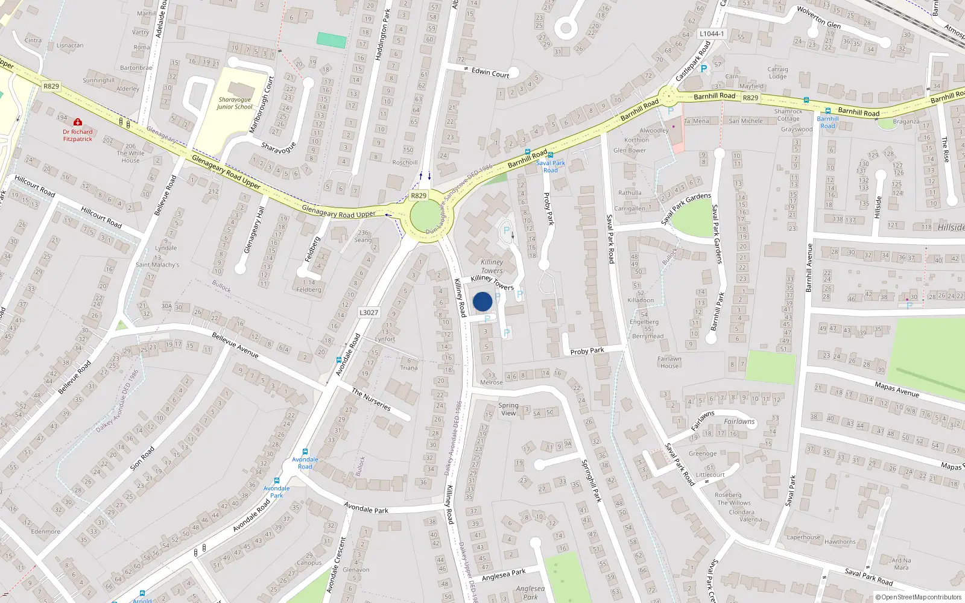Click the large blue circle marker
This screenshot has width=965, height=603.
coord(482,301)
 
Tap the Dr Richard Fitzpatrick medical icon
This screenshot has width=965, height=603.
coord(78,122)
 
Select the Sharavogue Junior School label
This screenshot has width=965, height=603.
coord(235,103)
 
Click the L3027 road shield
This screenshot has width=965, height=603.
coord(369,312)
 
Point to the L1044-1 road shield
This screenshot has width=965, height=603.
coord(712,34)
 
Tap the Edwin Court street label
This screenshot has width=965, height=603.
coord(490,73)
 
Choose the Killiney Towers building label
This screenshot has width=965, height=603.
coord(492,266)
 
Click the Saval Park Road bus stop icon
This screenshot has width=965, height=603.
coord(550,156)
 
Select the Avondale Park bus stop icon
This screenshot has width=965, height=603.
coord(277,481)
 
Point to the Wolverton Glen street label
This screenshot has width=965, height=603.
coord(818,17)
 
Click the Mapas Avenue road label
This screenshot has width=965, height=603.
coord(897,389)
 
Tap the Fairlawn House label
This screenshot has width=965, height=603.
coord(669,362)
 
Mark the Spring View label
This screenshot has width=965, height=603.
coord(508,409)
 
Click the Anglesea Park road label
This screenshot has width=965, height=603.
coord(504,575)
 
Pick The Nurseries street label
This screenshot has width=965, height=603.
coord(372,400)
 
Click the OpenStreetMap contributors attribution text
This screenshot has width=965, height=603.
coord(921,597)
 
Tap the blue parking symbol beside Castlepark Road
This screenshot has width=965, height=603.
coord(703,69)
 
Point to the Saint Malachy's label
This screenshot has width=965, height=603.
coord(157,265)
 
